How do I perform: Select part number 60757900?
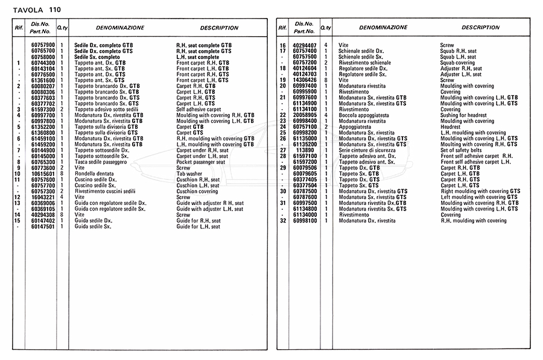coord(42,45)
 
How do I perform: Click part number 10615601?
coord(42,174)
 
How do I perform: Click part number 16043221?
coord(42,197)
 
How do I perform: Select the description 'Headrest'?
coord(451,127)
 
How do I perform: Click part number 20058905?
coord(305,115)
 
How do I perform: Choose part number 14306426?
coord(305,80)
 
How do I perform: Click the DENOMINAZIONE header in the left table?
coord(120,28)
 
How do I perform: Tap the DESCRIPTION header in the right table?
coord(480,28)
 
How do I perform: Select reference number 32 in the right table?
coord(282,221)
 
